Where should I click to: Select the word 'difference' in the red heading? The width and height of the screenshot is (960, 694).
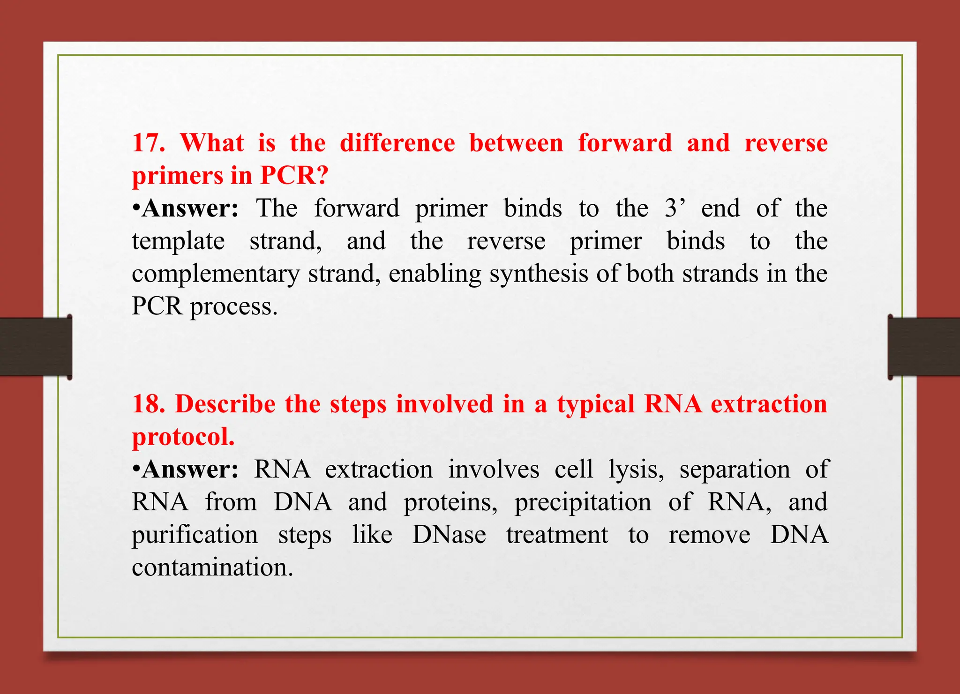(397, 143)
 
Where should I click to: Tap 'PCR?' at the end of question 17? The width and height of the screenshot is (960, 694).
(294, 176)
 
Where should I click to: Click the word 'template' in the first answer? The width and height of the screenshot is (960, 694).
(178, 242)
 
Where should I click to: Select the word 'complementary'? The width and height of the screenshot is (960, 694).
(216, 274)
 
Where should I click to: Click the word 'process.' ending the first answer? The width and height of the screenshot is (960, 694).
(233, 307)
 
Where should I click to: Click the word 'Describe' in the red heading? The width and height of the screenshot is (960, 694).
(225, 404)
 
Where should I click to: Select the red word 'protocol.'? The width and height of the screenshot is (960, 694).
(183, 437)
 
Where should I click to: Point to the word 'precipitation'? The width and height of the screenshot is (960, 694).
(583, 502)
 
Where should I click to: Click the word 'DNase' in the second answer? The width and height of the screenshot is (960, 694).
(449, 535)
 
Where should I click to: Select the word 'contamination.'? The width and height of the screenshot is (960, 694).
(212, 567)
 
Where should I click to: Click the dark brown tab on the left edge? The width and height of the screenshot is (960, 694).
(35, 346)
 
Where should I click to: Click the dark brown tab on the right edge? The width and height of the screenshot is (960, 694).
(924, 346)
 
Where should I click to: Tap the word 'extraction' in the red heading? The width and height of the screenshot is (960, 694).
(769, 404)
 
